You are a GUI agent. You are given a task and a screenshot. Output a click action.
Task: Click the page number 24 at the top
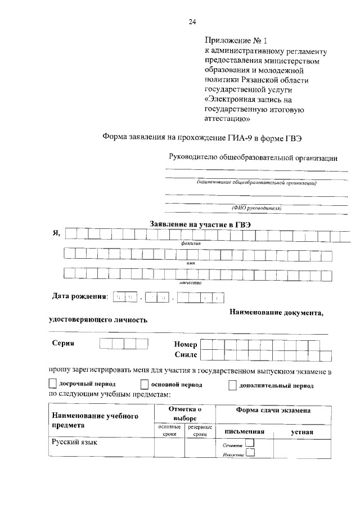192,22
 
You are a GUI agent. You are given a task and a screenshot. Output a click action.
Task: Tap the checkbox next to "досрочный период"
52,385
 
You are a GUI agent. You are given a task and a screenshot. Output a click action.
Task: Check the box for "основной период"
144,385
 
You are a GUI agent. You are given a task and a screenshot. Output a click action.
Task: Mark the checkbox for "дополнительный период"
232,385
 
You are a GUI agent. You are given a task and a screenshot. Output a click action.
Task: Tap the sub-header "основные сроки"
170,431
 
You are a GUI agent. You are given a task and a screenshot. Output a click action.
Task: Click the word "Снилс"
186,355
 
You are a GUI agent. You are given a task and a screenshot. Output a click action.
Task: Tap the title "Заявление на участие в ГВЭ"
200,224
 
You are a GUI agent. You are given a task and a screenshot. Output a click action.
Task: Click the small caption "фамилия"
191,243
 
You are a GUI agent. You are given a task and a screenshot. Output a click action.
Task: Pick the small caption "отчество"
191,283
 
